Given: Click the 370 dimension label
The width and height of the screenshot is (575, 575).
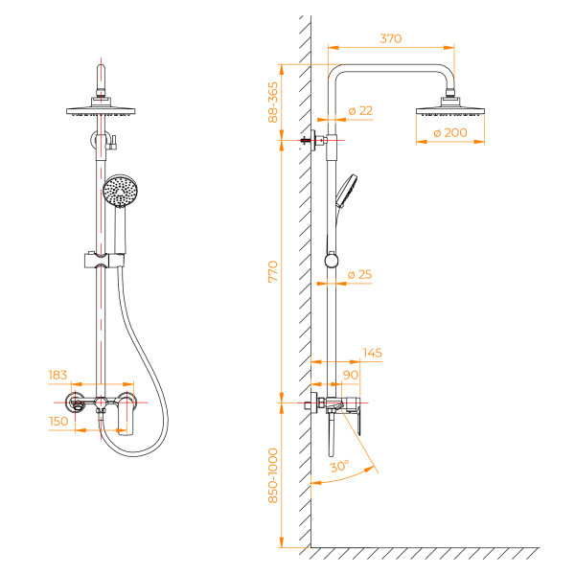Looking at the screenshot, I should [390, 39].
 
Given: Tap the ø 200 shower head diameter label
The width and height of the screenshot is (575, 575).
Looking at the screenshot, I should [451, 133].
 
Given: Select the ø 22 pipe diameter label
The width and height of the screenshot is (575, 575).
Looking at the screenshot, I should [360, 111].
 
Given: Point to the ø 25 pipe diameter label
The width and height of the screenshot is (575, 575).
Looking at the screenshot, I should [360, 275].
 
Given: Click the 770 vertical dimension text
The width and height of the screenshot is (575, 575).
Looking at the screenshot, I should [273, 271].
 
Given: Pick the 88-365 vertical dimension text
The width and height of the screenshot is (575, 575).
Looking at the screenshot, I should [273, 101].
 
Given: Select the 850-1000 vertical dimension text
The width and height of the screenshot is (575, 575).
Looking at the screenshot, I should [273, 475].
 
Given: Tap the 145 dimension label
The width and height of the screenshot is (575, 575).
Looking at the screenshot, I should [372, 353].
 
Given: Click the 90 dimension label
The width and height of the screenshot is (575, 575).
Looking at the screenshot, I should [350, 374].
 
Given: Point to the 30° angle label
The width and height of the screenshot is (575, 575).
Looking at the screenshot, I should [339, 466].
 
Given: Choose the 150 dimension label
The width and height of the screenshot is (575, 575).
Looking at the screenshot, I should [59, 420].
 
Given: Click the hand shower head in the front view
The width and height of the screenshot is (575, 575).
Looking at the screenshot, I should [119, 191].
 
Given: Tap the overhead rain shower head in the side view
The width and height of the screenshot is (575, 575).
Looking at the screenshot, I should [450, 107].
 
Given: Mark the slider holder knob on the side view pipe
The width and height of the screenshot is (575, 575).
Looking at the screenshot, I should [332, 260].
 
